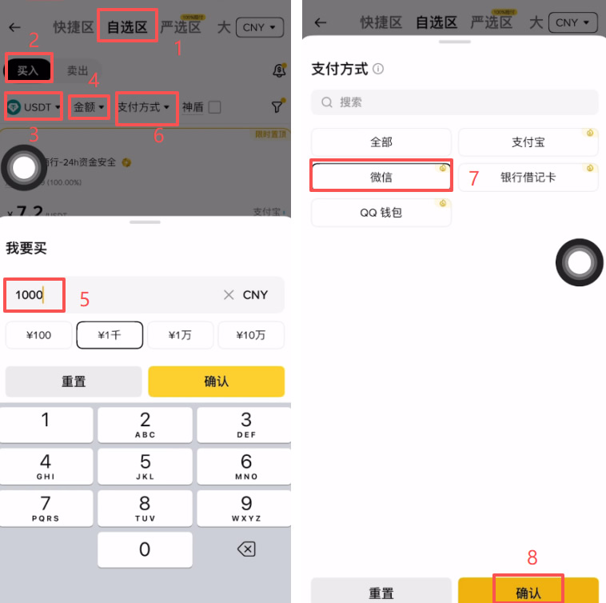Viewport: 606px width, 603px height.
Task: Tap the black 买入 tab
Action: pyautogui.click(x=29, y=70)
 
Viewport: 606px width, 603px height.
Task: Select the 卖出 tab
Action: pyautogui.click(x=78, y=70)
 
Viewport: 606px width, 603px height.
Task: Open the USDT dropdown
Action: pyautogui.click(x=34, y=106)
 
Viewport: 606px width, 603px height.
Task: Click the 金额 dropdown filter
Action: pyautogui.click(x=89, y=106)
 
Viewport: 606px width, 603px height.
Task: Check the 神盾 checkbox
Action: pyautogui.click(x=214, y=107)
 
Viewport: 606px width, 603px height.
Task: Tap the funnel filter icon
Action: pyautogui.click(x=277, y=106)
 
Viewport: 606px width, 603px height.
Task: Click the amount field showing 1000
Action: pyautogui.click(x=112, y=295)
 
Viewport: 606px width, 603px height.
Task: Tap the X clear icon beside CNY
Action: pyautogui.click(x=229, y=295)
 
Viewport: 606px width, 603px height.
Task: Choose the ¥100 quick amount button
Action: pyautogui.click(x=38, y=335)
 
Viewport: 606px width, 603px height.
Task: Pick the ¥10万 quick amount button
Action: pyautogui.click(x=251, y=335)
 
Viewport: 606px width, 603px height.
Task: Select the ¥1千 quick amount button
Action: pyautogui.click(x=110, y=335)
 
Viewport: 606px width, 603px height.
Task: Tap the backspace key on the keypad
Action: pyautogui.click(x=246, y=549)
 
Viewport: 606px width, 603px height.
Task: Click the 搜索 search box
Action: pyautogui.click(x=454, y=102)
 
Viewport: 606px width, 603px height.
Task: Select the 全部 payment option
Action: pyautogui.click(x=381, y=142)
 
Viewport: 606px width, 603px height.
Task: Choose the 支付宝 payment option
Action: pyautogui.click(x=528, y=142)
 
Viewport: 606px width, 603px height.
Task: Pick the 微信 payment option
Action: pyautogui.click(x=381, y=178)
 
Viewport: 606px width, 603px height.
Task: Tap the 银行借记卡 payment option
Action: pyautogui.click(x=528, y=178)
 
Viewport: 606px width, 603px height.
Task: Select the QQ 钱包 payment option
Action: pyautogui.click(x=381, y=213)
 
